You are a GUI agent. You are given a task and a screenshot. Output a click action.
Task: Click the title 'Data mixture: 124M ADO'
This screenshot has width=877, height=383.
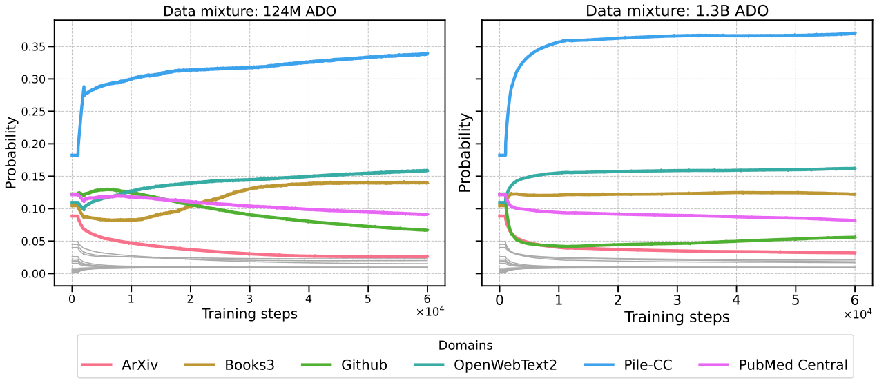[x=250, y=11]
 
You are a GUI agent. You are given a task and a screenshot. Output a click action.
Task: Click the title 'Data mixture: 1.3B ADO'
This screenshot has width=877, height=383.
[x=677, y=11]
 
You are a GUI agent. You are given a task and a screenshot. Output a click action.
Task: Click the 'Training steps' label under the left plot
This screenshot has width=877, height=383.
[x=249, y=314]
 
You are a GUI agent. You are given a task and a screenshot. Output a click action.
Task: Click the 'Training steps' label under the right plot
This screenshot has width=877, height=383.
[x=677, y=317]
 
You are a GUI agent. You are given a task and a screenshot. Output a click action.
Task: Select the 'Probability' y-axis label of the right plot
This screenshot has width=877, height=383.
[x=467, y=151]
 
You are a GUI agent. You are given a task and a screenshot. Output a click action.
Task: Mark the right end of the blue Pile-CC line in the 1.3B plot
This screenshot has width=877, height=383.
[x=855, y=33]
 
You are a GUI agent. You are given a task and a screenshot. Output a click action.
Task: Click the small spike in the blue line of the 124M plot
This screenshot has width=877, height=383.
[x=84, y=87]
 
